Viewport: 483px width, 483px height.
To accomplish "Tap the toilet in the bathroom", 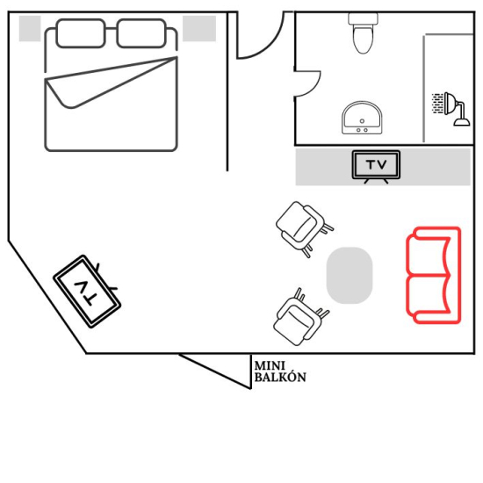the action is coord(364,33).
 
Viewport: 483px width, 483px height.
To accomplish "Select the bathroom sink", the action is coord(362,118).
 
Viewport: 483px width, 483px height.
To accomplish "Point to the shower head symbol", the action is coord(451,108).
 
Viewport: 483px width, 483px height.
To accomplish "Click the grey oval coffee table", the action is coord(350,275).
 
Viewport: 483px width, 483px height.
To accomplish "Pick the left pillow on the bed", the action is coord(81,33).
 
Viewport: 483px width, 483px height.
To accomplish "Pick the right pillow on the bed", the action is coord(141,33).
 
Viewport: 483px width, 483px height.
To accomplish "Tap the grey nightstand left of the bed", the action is coord(30,28).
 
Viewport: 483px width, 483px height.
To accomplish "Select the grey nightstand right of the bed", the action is coord(199,28).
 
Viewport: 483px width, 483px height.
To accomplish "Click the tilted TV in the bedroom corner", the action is coord(87,292).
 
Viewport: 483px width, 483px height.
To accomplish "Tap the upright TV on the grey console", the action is coord(376,166).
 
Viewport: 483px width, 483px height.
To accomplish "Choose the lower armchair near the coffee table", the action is coord(299,318).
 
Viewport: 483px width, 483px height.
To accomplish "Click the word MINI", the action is coord(270,366).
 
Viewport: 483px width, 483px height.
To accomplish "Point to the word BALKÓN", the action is coord(280,378).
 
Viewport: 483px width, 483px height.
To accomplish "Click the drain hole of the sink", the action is coord(362,121).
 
